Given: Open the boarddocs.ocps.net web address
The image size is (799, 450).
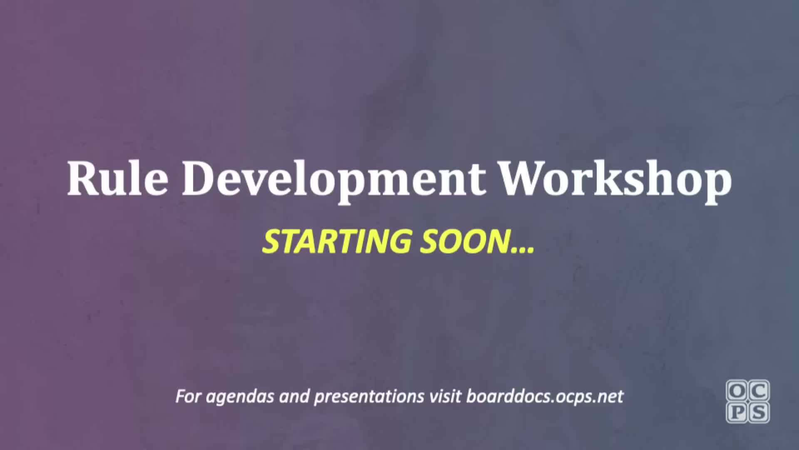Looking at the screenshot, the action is [x=545, y=397].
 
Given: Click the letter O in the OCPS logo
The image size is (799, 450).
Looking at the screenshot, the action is [x=737, y=391].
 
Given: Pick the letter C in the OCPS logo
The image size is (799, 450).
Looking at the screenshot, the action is [x=759, y=391].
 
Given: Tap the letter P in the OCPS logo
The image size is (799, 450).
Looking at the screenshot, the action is [x=737, y=412].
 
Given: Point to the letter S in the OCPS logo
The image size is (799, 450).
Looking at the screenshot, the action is [x=759, y=412].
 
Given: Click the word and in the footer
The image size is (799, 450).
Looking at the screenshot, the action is [x=295, y=396].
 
